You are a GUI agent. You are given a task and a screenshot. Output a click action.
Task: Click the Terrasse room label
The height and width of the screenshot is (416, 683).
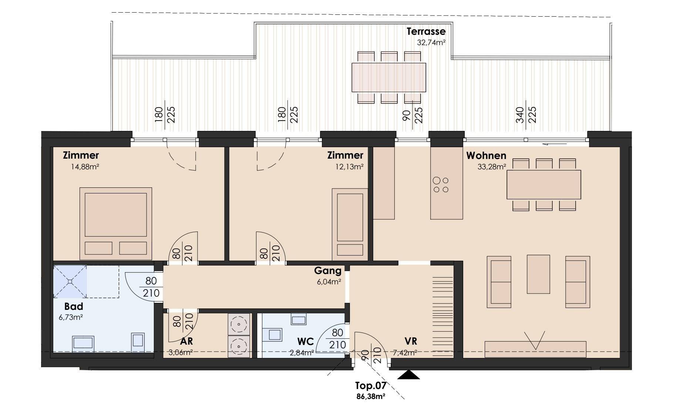(x=426, y=31)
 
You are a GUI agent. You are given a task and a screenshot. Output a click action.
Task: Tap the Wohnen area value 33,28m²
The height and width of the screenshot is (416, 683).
(x=492, y=167)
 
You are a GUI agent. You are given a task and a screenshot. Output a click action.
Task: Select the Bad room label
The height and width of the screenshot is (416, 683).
(x=74, y=307)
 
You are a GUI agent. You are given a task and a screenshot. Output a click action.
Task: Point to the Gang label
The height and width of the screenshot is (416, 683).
(x=328, y=271)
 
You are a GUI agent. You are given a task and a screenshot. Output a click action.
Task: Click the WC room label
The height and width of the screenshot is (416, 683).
(x=305, y=341)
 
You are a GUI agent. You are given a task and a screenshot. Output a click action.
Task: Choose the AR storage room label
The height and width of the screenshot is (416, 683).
(x=186, y=341)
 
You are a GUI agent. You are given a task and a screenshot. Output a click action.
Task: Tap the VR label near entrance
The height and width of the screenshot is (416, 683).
(x=411, y=341)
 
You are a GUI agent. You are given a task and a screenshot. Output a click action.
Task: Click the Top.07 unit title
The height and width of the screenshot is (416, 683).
(x=371, y=386)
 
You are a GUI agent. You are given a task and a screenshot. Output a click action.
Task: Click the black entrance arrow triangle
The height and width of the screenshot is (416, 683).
(x=409, y=375)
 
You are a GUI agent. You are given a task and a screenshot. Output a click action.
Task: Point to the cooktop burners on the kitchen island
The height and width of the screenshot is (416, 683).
(x=441, y=185)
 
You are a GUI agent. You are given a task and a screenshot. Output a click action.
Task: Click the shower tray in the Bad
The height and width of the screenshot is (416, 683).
(x=70, y=281)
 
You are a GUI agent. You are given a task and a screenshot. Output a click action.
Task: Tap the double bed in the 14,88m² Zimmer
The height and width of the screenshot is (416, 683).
(x=116, y=223)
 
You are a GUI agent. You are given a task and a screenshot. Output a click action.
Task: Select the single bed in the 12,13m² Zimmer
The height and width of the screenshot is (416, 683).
(x=350, y=224)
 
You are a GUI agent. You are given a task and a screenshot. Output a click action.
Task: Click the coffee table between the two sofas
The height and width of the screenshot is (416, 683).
(x=538, y=274)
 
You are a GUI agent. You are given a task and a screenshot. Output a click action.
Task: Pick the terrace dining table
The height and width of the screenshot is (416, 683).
(x=388, y=77)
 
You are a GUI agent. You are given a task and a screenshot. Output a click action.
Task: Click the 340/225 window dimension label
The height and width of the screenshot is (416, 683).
(x=526, y=115)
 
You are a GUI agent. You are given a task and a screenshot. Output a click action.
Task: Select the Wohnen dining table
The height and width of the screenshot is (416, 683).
(x=544, y=185)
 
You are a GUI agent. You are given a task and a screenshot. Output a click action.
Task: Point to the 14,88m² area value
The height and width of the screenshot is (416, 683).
(x=85, y=167)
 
